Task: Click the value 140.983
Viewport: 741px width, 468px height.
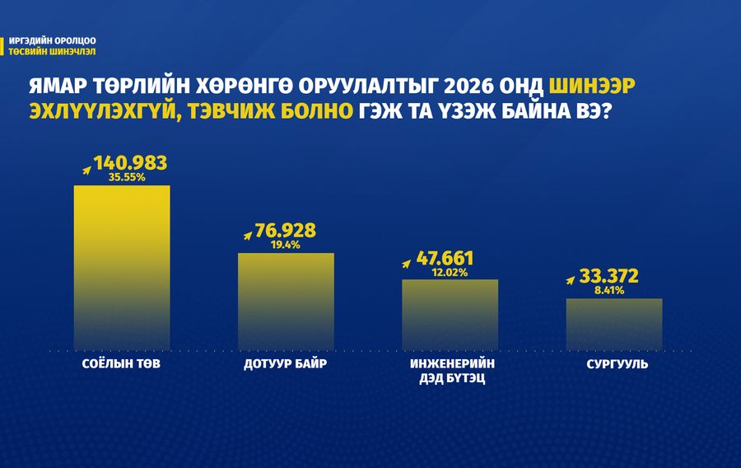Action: point(130,163)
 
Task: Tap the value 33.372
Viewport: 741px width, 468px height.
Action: point(608,277)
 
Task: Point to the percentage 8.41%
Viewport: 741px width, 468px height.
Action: point(608,290)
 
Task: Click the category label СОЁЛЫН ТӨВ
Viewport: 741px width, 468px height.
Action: point(122,363)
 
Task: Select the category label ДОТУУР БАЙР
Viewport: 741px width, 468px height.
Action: point(286,363)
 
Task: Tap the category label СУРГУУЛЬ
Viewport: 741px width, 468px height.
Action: point(613,363)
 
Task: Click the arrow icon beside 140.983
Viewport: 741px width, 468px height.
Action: point(86,169)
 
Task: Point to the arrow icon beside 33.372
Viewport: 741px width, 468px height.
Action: point(572,281)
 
